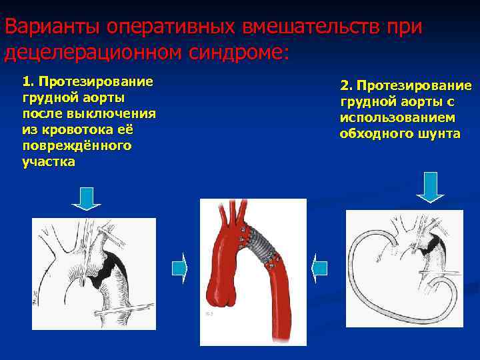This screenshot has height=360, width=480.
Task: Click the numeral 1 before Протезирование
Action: click(26, 81)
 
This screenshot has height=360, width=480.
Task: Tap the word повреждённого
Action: click(76, 145)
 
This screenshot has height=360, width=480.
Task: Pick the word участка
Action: click(48, 161)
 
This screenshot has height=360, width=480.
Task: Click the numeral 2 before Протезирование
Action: click(345, 86)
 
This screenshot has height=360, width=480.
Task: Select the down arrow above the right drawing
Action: click(430, 187)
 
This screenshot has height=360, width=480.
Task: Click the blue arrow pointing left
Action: click(319, 269)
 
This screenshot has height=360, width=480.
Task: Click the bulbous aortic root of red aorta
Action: click(222, 293)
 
